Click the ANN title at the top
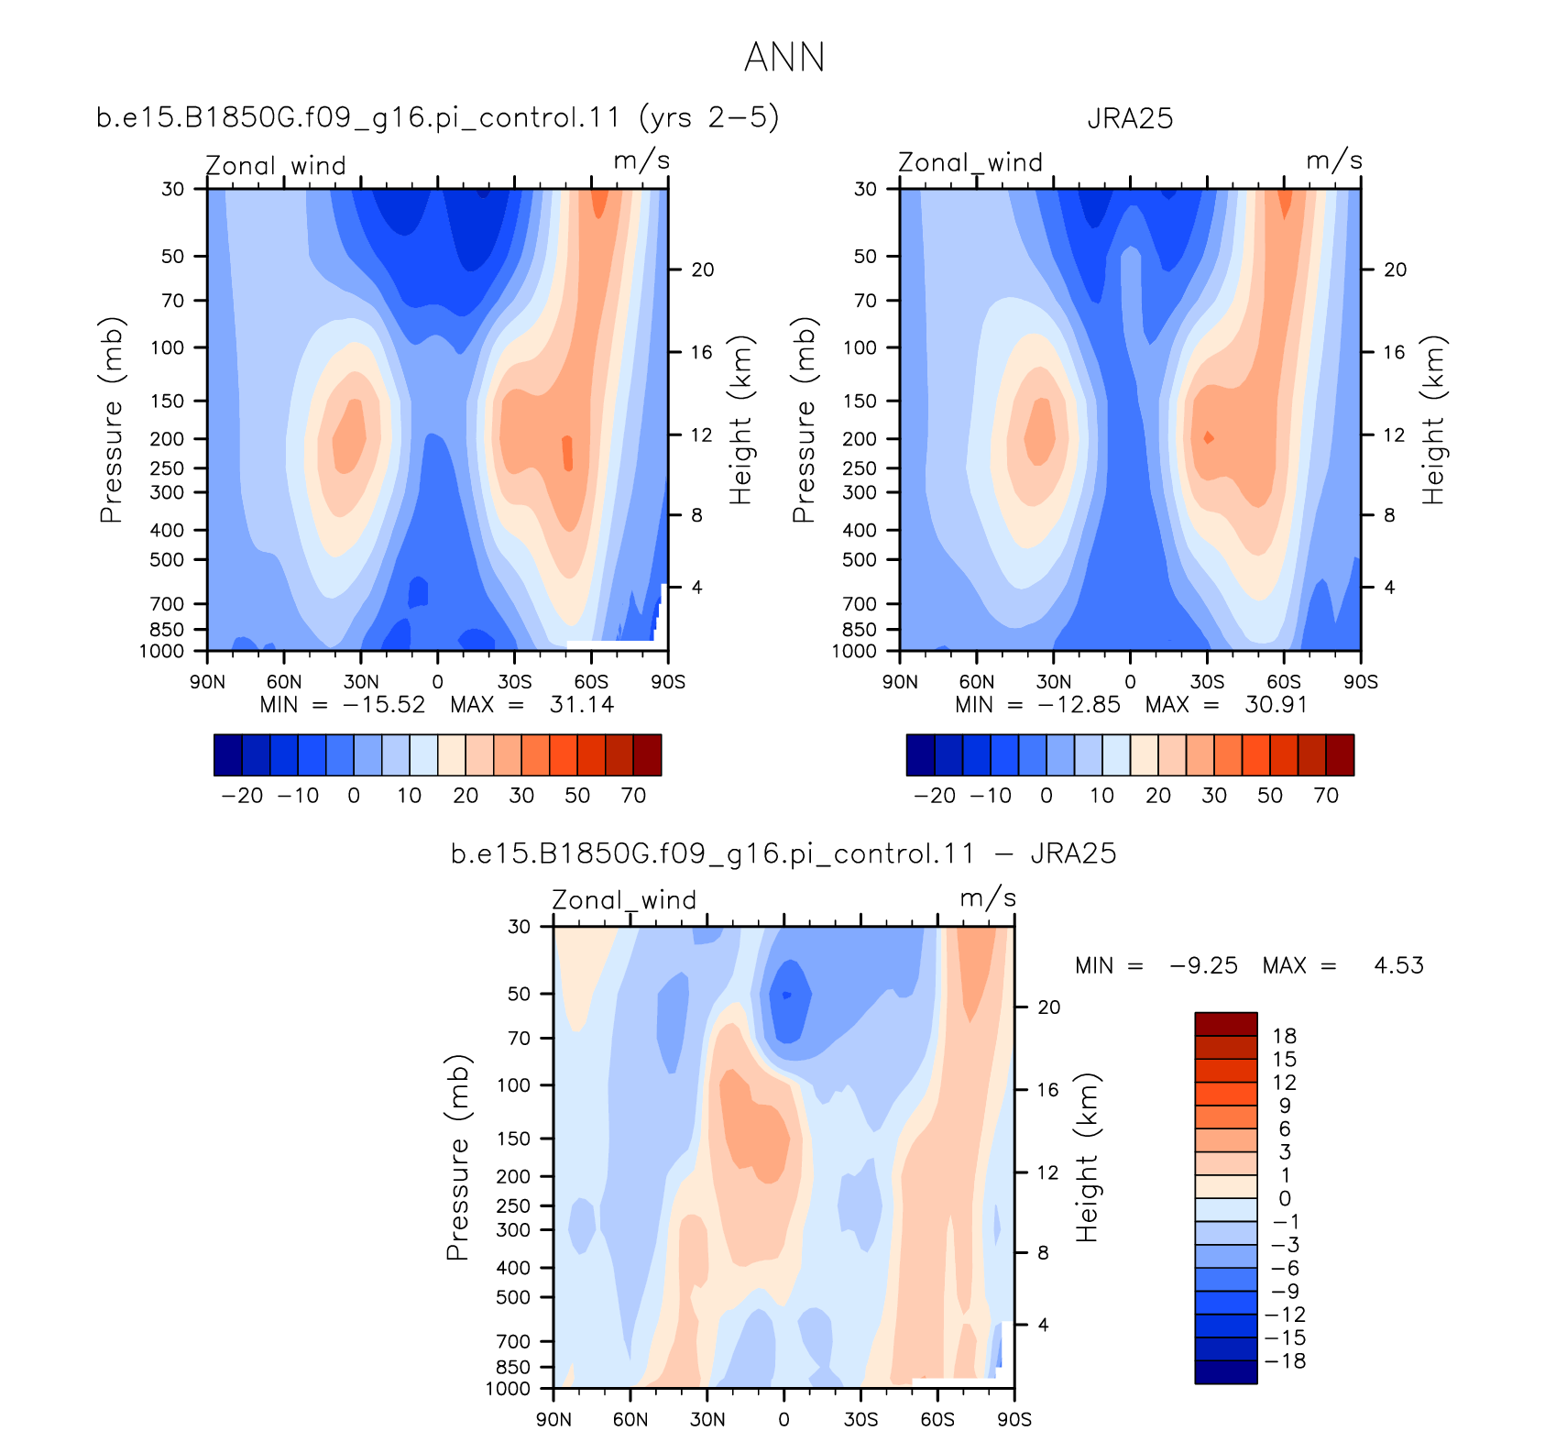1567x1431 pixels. pyautogui.click(x=784, y=57)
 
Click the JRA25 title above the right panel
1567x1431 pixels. pyautogui.click(x=1130, y=118)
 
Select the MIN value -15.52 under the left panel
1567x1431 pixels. pyautogui.click(x=384, y=704)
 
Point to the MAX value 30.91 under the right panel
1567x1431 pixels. pyautogui.click(x=1276, y=704)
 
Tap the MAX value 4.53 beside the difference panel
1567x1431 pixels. pyautogui.click(x=1398, y=965)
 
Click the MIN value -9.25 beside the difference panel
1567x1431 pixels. pyautogui.click(x=1203, y=965)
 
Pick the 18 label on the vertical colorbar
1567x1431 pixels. pyautogui.click(x=1285, y=1036)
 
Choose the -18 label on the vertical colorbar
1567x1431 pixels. pyautogui.click(x=1285, y=1361)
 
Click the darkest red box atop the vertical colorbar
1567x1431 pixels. pyautogui.click(x=1225, y=1024)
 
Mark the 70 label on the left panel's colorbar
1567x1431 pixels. pyautogui.click(x=633, y=795)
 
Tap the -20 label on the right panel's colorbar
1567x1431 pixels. pyautogui.click(x=935, y=795)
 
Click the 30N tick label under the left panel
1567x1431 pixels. pyautogui.click(x=361, y=682)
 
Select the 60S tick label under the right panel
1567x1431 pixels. pyautogui.click(x=1284, y=682)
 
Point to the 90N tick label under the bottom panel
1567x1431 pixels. pyautogui.click(x=553, y=1419)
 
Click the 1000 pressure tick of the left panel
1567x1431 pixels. pyautogui.click(x=161, y=652)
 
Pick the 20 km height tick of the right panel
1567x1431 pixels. pyautogui.click(x=1395, y=270)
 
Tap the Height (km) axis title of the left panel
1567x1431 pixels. pyautogui.click(x=740, y=420)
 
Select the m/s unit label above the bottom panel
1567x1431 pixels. pyautogui.click(x=988, y=897)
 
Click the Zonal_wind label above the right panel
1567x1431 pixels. pyautogui.click(x=970, y=162)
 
